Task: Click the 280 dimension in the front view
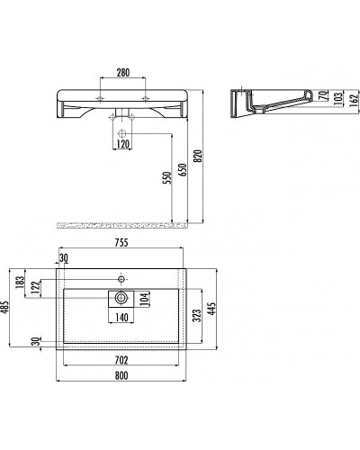pos(124,72)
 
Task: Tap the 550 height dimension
pos(166,178)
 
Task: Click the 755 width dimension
pos(121,243)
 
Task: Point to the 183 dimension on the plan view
pos(32,283)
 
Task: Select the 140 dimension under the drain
pos(123,318)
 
